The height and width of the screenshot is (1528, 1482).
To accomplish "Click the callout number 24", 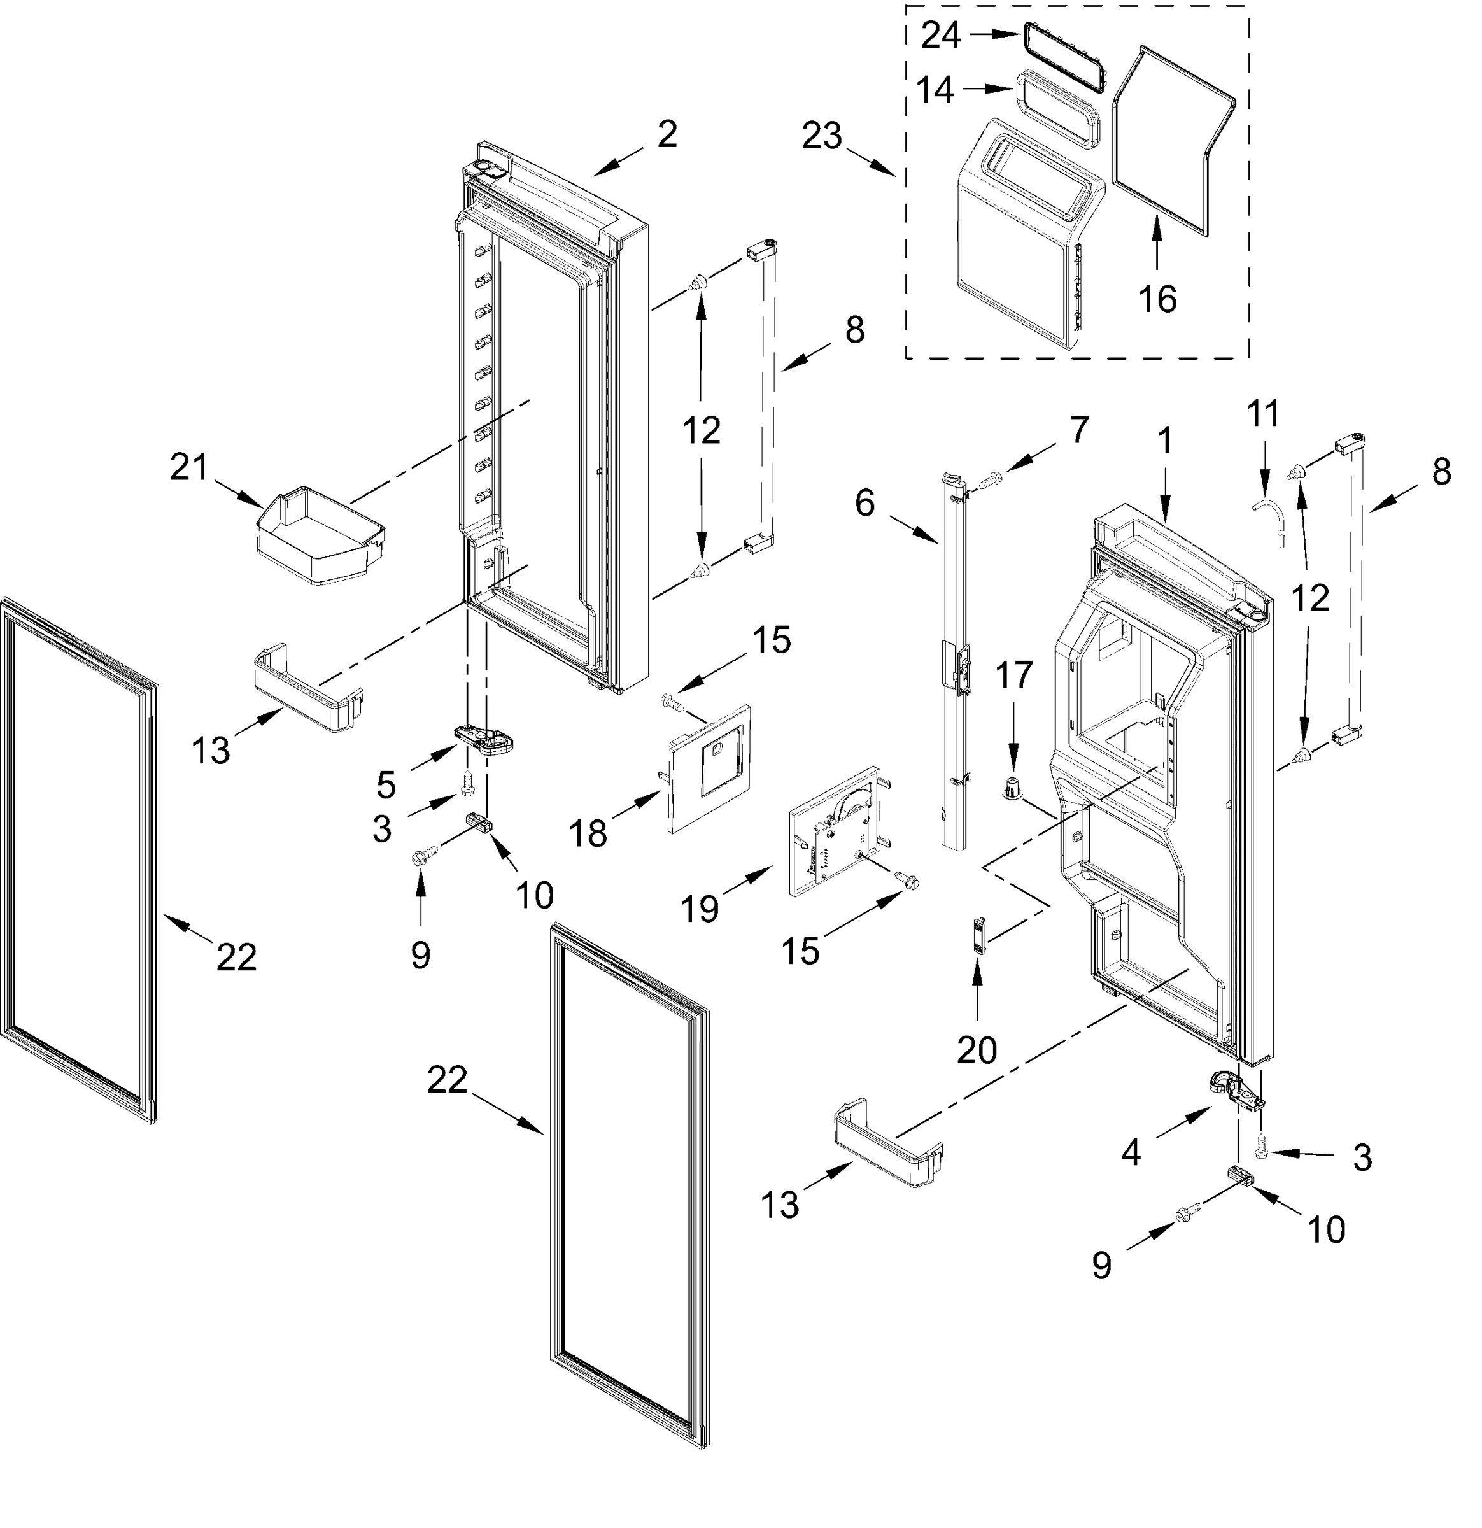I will click(941, 35).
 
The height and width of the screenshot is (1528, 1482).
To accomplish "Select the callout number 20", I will click(976, 1051).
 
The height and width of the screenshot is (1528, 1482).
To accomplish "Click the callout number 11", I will click(1263, 413).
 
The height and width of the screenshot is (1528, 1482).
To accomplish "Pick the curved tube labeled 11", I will click(1271, 518).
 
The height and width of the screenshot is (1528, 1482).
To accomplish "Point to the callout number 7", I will click(1079, 430).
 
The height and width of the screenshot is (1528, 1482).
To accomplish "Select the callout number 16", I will click(1157, 299).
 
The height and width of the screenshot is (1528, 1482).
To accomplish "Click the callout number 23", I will click(822, 136).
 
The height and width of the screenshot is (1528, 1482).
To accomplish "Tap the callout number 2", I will click(667, 134).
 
